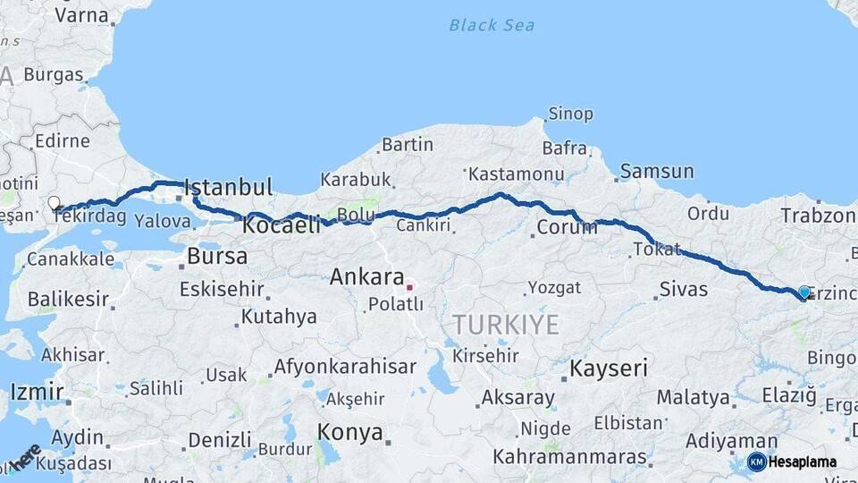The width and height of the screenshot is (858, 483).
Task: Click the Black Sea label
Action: point(492,25)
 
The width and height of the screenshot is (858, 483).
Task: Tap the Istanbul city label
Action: point(228,188)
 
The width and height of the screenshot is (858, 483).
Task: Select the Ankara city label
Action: point(366,277)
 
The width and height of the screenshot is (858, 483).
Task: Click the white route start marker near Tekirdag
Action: point(54,203)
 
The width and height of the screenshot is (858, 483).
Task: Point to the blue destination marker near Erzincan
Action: point(804,292)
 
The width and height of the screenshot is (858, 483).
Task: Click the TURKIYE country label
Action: point(505,325)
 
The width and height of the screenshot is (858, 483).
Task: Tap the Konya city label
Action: point(350,434)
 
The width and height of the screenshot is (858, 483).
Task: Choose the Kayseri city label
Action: point(609,368)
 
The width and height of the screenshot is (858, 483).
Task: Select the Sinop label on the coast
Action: point(569,114)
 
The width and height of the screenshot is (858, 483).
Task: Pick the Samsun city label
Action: point(657,171)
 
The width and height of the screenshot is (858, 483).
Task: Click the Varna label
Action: point(81,15)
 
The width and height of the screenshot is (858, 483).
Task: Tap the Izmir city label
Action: point(37,392)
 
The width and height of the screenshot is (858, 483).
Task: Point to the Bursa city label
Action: point(217,257)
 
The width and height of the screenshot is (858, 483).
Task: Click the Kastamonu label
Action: point(516,174)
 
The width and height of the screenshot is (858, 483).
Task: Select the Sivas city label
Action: point(684,289)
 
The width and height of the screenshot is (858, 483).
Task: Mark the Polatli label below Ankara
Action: point(396,304)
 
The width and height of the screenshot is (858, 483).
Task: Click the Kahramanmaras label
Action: point(570,457)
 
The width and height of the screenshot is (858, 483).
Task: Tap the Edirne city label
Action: point(63,140)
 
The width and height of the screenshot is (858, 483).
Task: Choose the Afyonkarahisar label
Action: point(345,367)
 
